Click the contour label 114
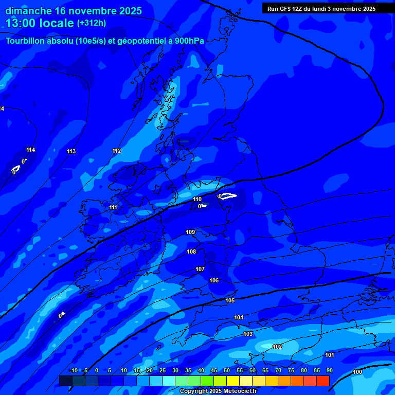31,150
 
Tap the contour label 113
71,151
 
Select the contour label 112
117,151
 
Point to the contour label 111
113,207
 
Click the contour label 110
197,199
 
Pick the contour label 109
190,232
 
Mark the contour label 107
200,269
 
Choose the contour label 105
230,300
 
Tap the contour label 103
248,334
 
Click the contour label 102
277,347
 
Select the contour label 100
357,372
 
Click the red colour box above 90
322,381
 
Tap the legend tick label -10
73,371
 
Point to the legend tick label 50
227,371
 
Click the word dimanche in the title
29,11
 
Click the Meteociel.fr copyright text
218,391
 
